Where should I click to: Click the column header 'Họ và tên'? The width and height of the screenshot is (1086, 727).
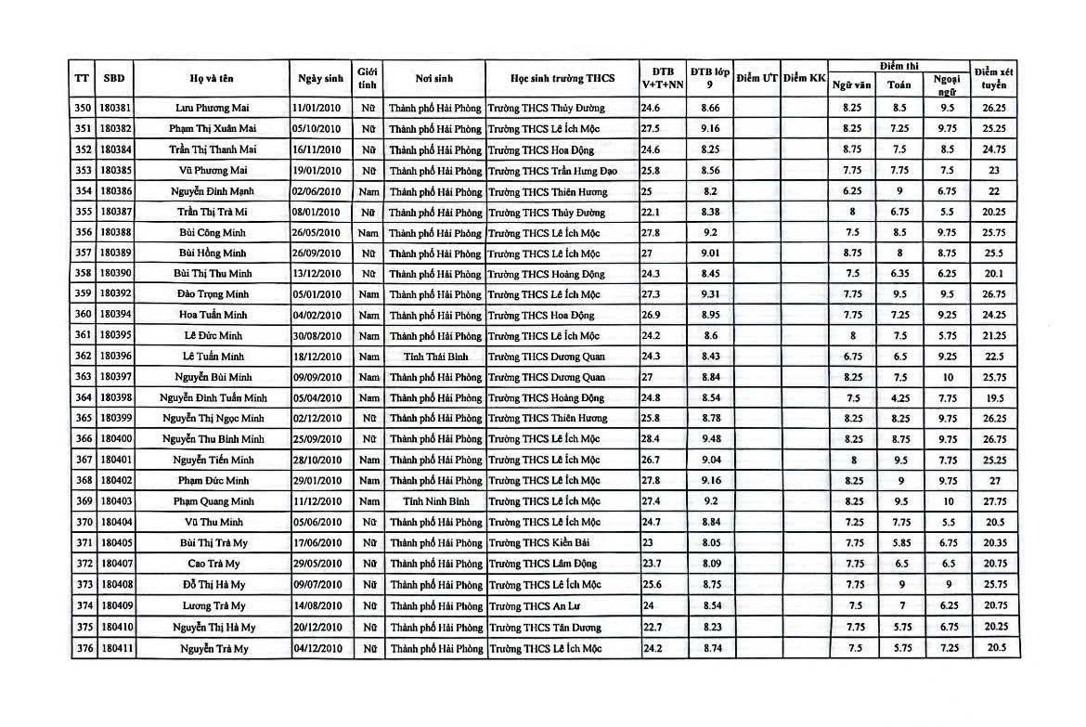(x=213, y=78)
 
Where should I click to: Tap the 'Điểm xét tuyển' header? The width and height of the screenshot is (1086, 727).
(x=993, y=78)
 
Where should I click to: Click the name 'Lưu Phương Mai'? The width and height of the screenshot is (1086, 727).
(x=213, y=108)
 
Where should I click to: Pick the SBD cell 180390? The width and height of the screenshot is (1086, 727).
(x=116, y=274)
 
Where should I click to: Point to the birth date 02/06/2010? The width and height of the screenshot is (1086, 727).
(x=317, y=191)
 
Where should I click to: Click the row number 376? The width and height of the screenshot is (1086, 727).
(x=84, y=648)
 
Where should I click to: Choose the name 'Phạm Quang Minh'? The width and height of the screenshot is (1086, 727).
(x=213, y=501)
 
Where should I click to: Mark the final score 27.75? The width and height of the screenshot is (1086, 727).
(x=993, y=501)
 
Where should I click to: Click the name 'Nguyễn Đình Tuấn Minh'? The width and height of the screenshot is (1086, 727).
(x=213, y=398)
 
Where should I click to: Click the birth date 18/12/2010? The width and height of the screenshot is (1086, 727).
(x=317, y=357)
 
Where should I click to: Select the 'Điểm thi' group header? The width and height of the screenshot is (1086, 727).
(x=899, y=67)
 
